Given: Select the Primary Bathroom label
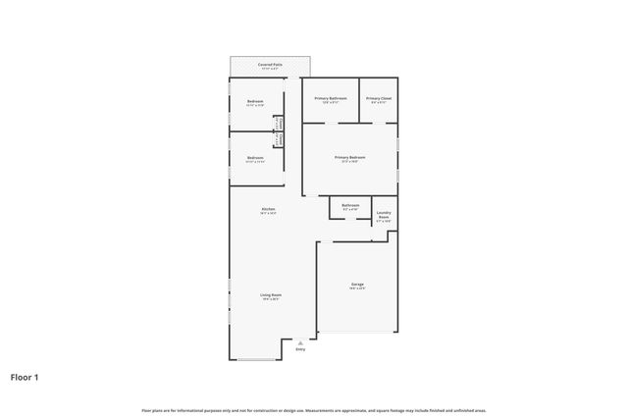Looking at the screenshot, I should (x=331, y=98).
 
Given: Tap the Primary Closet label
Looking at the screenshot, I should (x=379, y=98).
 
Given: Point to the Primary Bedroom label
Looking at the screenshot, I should (x=350, y=157).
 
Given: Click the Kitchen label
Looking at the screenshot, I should (x=268, y=209).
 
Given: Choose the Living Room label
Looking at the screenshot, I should (x=271, y=294).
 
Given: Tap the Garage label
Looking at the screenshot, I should (x=358, y=285).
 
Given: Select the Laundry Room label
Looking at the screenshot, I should (x=384, y=215).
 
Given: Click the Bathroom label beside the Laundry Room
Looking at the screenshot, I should (x=350, y=205).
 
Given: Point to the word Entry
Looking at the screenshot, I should (x=300, y=348).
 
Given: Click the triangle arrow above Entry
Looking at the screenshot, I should (x=300, y=342).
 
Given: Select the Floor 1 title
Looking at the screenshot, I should (x=25, y=376).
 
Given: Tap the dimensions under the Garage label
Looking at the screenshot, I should (x=358, y=288).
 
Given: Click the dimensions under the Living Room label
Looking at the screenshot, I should (x=271, y=299).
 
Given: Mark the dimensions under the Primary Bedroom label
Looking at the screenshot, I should (x=350, y=162).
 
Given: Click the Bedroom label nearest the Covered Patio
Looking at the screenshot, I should (x=255, y=101).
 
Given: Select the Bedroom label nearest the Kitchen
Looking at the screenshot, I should (x=255, y=157).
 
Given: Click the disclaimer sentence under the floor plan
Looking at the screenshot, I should (x=314, y=410).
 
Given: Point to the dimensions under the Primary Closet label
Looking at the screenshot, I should (x=379, y=103).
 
